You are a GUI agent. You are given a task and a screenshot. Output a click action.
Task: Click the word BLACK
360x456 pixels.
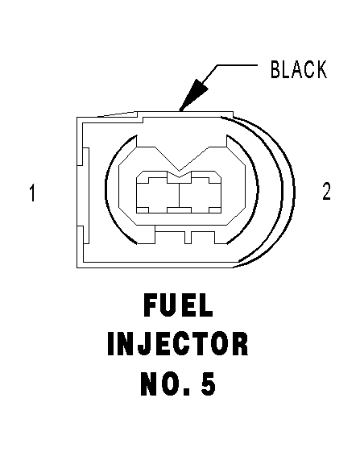pos(299,69)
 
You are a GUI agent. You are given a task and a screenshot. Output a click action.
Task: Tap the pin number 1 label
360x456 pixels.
pos(32,193)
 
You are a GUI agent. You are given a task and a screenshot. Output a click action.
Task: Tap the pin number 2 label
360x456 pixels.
pos(326,192)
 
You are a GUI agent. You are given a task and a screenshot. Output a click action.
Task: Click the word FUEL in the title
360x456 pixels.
pos(178,305)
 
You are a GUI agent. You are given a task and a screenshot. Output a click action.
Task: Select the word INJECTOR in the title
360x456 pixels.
pos(178,345)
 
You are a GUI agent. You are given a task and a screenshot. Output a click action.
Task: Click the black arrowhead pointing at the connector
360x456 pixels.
pos(193,94)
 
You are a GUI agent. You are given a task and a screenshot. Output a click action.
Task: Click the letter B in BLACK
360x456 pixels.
pos(275,69)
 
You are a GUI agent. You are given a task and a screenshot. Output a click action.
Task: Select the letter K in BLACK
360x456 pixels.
pos(321,69)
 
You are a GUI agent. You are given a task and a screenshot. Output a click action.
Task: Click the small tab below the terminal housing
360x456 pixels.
pos(188,238)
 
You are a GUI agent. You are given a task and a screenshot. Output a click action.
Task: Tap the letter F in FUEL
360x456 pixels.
pos(151,305)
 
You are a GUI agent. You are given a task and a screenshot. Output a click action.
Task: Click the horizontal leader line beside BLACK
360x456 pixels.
pos(237,65)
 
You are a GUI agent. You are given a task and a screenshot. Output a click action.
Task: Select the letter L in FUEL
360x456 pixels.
pos(206,305)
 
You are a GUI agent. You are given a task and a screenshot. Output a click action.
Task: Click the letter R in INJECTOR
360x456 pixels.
pos(240,345)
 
